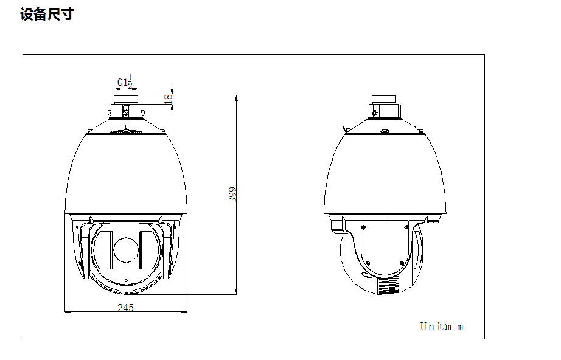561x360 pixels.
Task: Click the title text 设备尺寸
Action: click(47, 15)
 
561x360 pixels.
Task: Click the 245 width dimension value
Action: click(125, 308)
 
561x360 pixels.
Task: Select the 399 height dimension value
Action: click(232, 195)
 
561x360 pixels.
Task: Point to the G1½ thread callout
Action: click(125, 81)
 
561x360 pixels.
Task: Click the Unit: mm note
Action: click(442, 327)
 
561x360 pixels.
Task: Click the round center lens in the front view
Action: click(125, 251)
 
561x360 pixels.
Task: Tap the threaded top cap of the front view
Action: click(125, 97)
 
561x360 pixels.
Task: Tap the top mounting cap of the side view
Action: click(385, 100)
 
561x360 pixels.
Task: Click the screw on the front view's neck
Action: click(126, 112)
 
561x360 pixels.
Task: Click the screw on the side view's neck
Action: click(376, 111)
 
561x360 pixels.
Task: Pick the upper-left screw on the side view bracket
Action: click(363, 227)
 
